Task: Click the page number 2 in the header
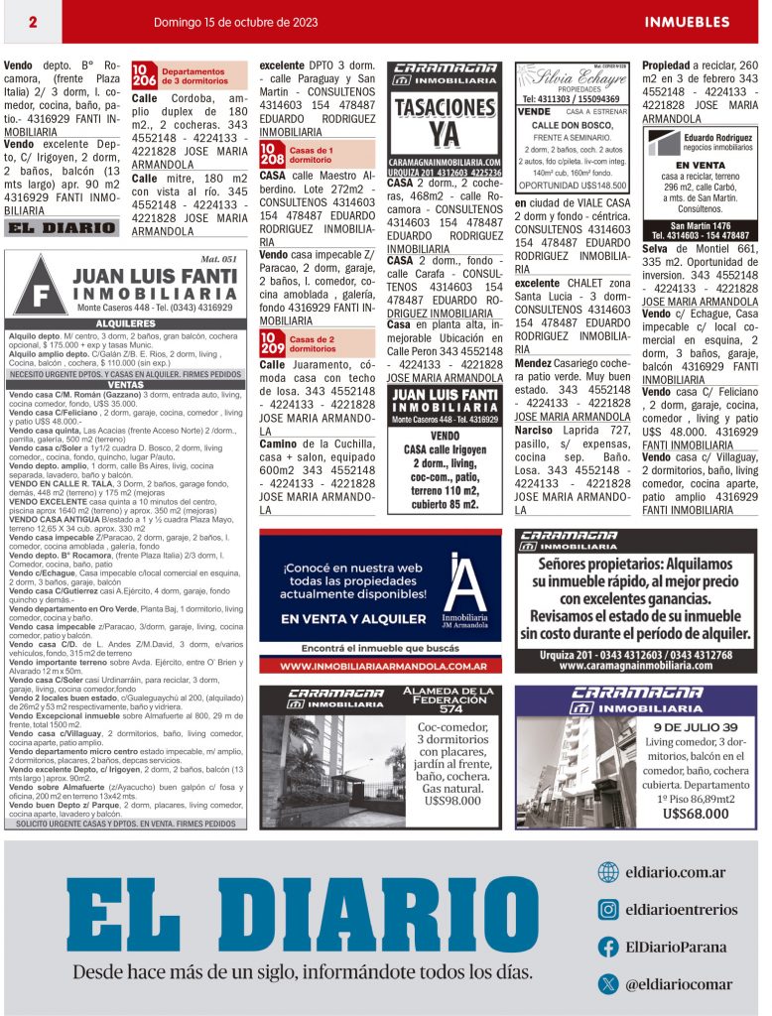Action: coord(33,22)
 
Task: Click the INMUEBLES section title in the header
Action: coord(687,22)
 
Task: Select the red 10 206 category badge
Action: coord(144,76)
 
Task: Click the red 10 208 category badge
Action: coord(272,154)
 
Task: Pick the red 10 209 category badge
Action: coord(272,343)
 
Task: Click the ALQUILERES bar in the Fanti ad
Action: coord(125,323)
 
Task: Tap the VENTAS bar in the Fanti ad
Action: coord(125,385)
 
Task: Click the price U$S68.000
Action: coord(696,814)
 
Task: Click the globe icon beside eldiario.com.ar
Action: coord(608,873)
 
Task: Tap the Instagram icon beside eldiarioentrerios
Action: coord(608,910)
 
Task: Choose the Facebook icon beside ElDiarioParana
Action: coord(608,947)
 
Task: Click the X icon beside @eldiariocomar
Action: coord(608,983)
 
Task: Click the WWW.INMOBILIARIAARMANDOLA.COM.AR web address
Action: coord(380,666)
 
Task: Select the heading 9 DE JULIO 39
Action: coord(696,726)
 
